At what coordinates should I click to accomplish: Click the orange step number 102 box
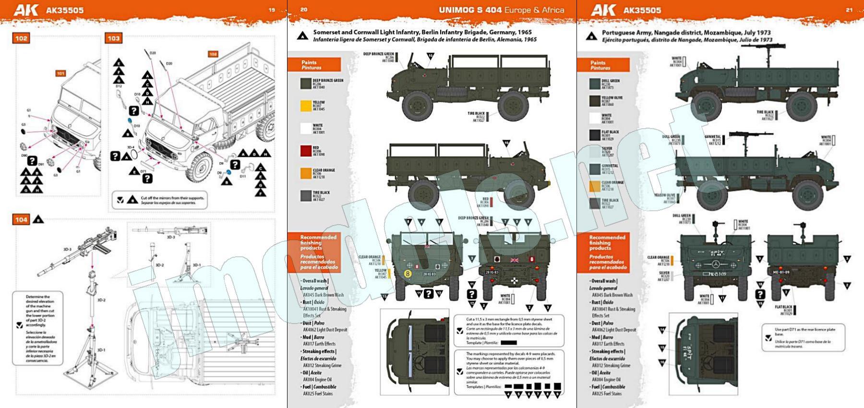pyautogui.click(x=21, y=38)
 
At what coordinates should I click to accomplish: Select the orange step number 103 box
pyautogui.click(x=114, y=38)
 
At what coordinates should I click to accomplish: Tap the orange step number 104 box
pyautogui.click(x=21, y=220)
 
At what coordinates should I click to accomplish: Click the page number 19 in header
pyautogui.click(x=272, y=10)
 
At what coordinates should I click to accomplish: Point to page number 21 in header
pyautogui.click(x=849, y=10)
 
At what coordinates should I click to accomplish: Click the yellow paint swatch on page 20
pyautogui.click(x=306, y=106)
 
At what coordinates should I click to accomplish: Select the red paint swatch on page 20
pyautogui.click(x=306, y=151)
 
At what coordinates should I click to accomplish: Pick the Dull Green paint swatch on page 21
pyautogui.click(x=595, y=84)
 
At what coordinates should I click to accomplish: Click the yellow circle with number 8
pyautogui.click(x=408, y=274)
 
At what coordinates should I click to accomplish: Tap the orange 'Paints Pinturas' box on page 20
pyautogui.click(x=314, y=65)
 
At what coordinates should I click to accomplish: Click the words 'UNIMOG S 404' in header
pyautogui.click(x=471, y=10)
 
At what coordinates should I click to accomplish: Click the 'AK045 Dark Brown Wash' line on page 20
pyautogui.click(x=323, y=295)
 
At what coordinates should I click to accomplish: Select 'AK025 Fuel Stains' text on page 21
pyautogui.click(x=606, y=394)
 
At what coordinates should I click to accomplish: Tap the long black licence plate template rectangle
pyautogui.click(x=508, y=343)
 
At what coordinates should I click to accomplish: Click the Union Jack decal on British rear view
pyautogui.click(x=515, y=260)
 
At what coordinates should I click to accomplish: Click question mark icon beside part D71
pyautogui.click(x=147, y=179)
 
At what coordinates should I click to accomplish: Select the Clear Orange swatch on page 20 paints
pyautogui.click(x=306, y=174)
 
